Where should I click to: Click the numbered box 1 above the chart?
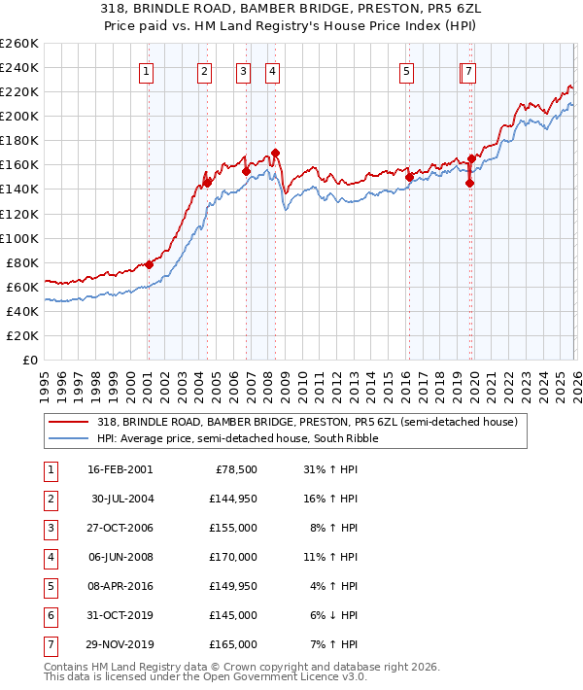pos(146,71)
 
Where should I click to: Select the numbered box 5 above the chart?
pos(405,71)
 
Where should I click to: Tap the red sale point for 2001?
pos(150,264)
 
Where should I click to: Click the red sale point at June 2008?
pos(275,153)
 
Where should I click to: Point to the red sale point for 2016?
pos(409,177)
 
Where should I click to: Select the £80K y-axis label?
pos(23,262)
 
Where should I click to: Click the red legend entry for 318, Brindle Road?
pos(311,422)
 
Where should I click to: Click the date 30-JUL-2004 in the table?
pos(121,500)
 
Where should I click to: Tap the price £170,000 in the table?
pos(233,558)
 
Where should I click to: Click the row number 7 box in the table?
pos(49,644)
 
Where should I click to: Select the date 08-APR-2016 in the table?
pos(121,586)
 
